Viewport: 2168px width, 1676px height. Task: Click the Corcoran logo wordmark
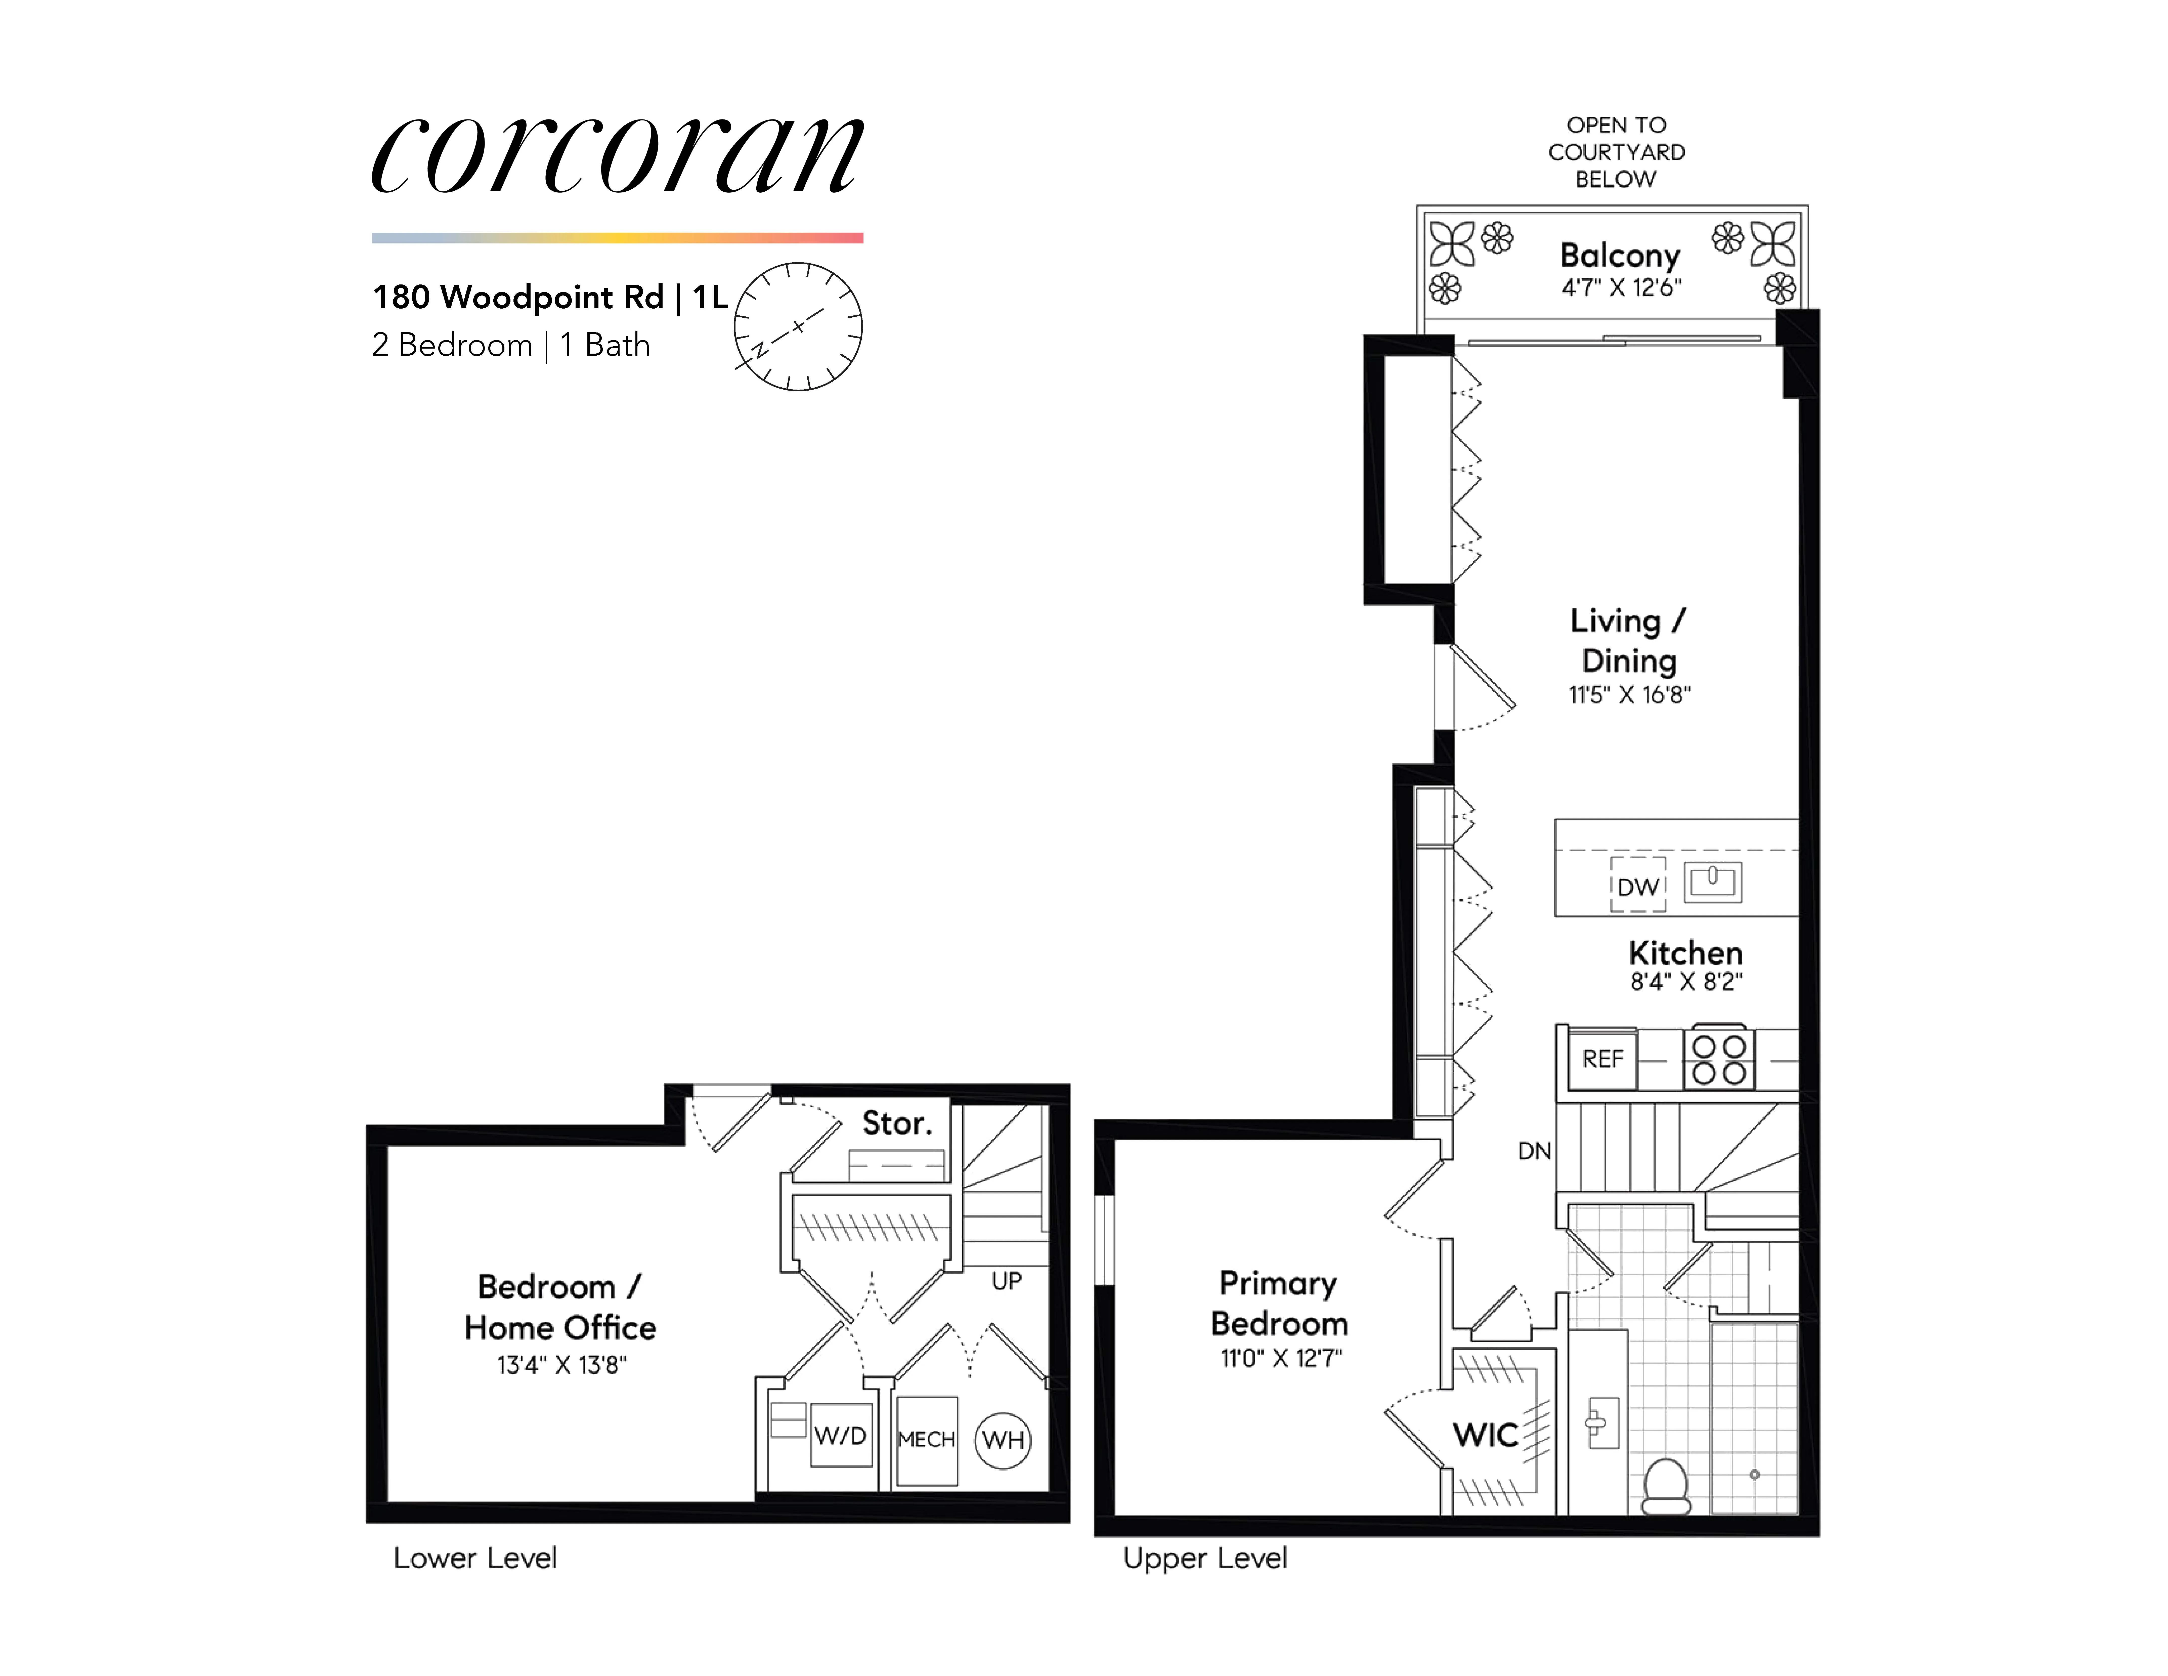point(617,156)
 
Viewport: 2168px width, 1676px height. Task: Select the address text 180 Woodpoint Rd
point(517,297)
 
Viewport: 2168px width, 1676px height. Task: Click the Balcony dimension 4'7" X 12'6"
point(1621,288)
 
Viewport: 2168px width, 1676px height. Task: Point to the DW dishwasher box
point(1638,886)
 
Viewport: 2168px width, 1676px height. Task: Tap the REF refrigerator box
point(1602,1059)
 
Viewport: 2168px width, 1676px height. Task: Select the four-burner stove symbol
point(1718,1059)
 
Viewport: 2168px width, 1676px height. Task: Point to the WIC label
point(1485,1435)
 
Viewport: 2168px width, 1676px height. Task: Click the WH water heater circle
point(1003,1440)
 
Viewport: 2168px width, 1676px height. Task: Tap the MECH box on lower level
point(926,1440)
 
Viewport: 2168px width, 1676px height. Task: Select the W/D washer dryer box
point(841,1436)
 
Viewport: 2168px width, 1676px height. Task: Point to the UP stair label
point(1007,1281)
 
